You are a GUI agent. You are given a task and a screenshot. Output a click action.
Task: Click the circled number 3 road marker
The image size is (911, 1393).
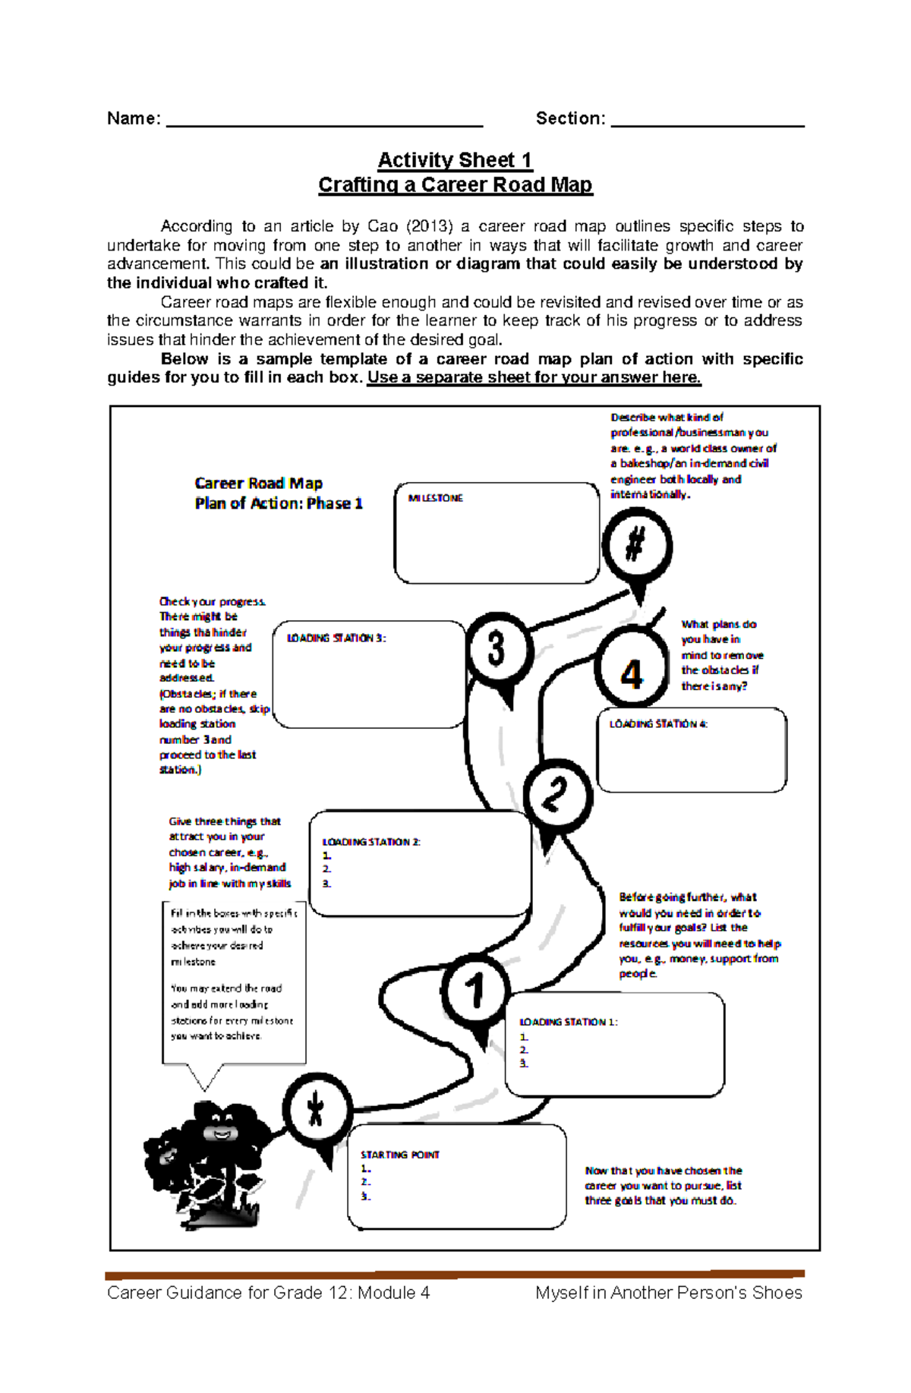click(x=497, y=650)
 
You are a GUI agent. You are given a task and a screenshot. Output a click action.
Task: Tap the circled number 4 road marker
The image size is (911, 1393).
click(x=632, y=671)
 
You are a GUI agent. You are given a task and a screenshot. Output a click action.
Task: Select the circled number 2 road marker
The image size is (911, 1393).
click(x=556, y=794)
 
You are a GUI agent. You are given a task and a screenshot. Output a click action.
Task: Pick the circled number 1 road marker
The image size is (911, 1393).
click(x=475, y=990)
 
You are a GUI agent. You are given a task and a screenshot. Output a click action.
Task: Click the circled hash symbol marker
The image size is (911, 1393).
click(x=636, y=544)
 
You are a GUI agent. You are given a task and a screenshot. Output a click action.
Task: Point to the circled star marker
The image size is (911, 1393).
click(x=317, y=1110)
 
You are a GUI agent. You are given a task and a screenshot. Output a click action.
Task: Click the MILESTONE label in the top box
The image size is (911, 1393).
click(x=435, y=498)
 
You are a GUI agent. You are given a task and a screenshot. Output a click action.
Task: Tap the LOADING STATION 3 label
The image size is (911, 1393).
click(x=336, y=638)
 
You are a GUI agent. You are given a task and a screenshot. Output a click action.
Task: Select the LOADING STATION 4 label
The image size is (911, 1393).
click(x=658, y=724)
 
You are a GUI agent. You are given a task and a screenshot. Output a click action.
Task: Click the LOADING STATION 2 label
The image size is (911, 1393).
click(x=371, y=841)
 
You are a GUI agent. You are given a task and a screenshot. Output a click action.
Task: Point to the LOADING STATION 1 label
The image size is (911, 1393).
click(x=568, y=1022)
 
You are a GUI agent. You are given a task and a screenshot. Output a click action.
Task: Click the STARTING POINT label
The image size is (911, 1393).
click(x=399, y=1155)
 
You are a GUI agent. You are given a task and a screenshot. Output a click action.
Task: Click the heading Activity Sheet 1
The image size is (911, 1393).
click(x=455, y=160)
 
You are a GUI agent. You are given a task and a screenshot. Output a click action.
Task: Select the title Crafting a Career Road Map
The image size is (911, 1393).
click(x=455, y=185)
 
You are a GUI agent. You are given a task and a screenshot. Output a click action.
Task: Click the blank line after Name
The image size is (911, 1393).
click(x=324, y=120)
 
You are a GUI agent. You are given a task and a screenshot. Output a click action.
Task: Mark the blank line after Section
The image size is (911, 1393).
click(x=707, y=120)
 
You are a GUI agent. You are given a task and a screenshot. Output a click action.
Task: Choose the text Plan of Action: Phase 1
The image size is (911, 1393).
click(x=279, y=503)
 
